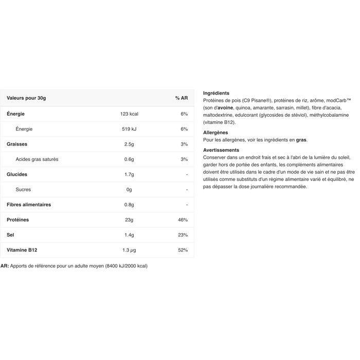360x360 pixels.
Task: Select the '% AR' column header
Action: [x=181, y=98]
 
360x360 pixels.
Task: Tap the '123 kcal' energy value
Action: [x=129, y=114]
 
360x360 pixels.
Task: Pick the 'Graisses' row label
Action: [x=17, y=144]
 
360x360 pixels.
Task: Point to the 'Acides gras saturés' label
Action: [x=37, y=159]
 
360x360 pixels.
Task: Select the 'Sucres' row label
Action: [x=23, y=190]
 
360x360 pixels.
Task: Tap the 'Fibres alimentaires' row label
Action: [x=29, y=205]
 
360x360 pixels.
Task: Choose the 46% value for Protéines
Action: [x=183, y=220]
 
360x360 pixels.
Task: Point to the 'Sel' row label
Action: [x=10, y=235]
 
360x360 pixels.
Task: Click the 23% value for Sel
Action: [x=183, y=235]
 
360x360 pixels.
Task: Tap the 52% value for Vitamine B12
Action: [x=183, y=250]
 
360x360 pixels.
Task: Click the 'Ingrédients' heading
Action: [x=217, y=93]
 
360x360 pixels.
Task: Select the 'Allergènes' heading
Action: [x=215, y=132]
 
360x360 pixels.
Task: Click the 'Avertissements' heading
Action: [x=221, y=150]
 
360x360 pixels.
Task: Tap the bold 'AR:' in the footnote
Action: [x=5, y=266]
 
